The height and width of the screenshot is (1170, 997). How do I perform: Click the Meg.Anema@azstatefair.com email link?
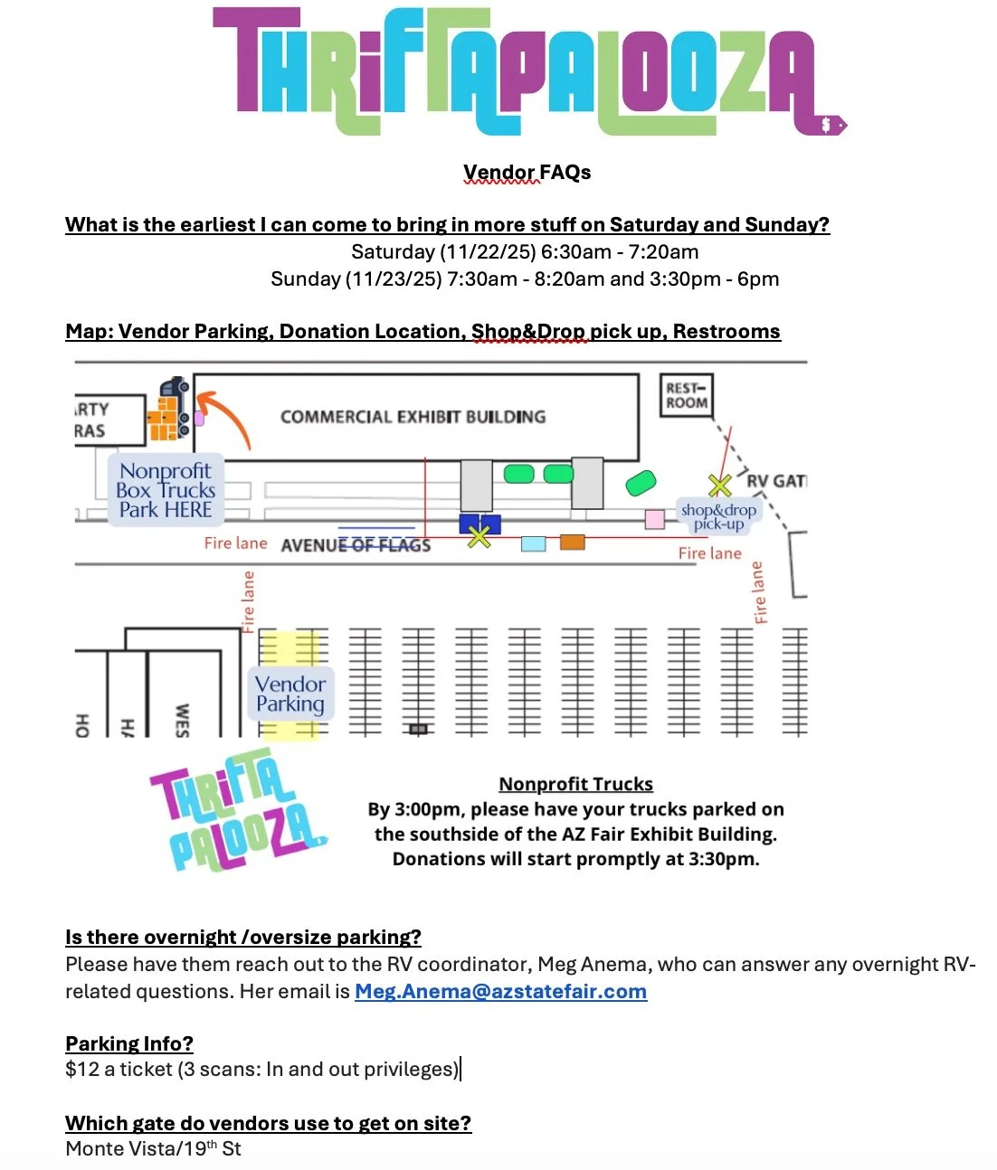pos(500,991)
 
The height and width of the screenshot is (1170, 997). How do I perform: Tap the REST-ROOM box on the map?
pos(687,396)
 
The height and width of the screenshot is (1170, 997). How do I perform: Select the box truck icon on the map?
pos(170,410)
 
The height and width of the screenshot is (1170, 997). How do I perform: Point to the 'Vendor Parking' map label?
pos(290,694)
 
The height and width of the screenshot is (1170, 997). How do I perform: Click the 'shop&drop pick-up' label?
pos(718,516)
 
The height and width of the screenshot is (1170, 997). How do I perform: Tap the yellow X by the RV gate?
pos(720,486)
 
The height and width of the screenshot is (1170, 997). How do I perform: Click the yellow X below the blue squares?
pos(480,537)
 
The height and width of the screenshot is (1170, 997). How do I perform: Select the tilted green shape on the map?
pos(641,483)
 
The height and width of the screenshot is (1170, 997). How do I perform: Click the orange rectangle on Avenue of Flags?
pos(572,543)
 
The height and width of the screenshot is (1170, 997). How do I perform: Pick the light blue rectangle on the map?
pos(534,543)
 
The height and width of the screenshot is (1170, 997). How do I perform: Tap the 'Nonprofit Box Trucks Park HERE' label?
pos(166,490)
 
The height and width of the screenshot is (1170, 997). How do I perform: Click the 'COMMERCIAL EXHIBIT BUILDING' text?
pos(413,417)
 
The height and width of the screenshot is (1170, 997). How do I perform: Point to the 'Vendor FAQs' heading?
pos(527,172)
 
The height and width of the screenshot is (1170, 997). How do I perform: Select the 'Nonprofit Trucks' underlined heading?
pos(575,784)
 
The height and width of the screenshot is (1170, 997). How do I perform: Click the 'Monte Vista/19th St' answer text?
pos(153,1149)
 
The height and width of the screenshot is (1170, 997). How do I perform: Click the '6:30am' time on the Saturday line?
pos(576,251)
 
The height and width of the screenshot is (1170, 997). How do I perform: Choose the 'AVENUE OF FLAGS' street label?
pos(356,545)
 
